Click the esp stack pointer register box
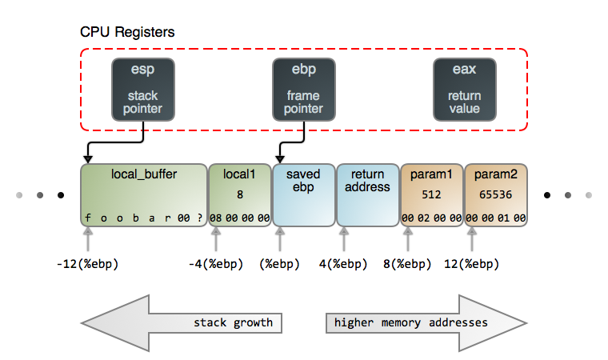pyautogui.click(x=143, y=89)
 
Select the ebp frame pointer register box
pyautogui.click(x=304, y=89)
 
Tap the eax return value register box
pyautogui.click(x=465, y=89)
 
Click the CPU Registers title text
pyautogui.click(x=127, y=33)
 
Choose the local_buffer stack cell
pyautogui.click(x=143, y=195)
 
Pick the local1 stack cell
pyautogui.click(x=239, y=195)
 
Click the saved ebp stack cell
pyautogui.click(x=303, y=195)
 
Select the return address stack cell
pyautogui.click(x=367, y=195)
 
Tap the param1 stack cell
pyautogui.click(x=431, y=195)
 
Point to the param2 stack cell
pyautogui.click(x=495, y=195)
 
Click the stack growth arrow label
pyautogui.click(x=233, y=323)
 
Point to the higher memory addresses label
pyautogui.click(x=410, y=323)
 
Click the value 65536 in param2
pyautogui.click(x=496, y=194)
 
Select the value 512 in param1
pyautogui.click(x=432, y=194)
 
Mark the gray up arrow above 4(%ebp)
pyautogui.click(x=344, y=238)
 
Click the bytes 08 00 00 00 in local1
pyautogui.click(x=239, y=218)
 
